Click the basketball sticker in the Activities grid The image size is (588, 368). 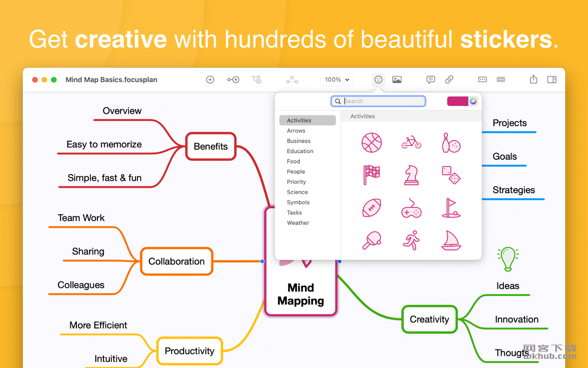tap(371, 143)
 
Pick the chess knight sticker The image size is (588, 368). tap(412, 175)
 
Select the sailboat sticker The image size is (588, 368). tap(451, 240)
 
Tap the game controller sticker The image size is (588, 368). tap(412, 208)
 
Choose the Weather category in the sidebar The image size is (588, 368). tap(298, 223)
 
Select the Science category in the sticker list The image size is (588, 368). tap(297, 192)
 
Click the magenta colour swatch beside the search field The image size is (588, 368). tap(458, 101)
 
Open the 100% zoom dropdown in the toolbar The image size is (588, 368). tap(337, 80)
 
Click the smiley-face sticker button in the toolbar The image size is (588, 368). tap(378, 80)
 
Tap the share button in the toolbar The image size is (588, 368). tap(534, 79)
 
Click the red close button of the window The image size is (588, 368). tap(35, 80)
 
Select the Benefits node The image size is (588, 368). tap(211, 146)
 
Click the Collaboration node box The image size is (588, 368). tap(176, 261)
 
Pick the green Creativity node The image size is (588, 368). tap(429, 319)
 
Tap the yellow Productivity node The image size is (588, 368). tap(190, 351)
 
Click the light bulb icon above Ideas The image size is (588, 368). tap(508, 259)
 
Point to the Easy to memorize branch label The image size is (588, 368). tap(104, 144)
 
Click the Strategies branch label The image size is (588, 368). tap(514, 190)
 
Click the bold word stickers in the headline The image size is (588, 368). tap(506, 39)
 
